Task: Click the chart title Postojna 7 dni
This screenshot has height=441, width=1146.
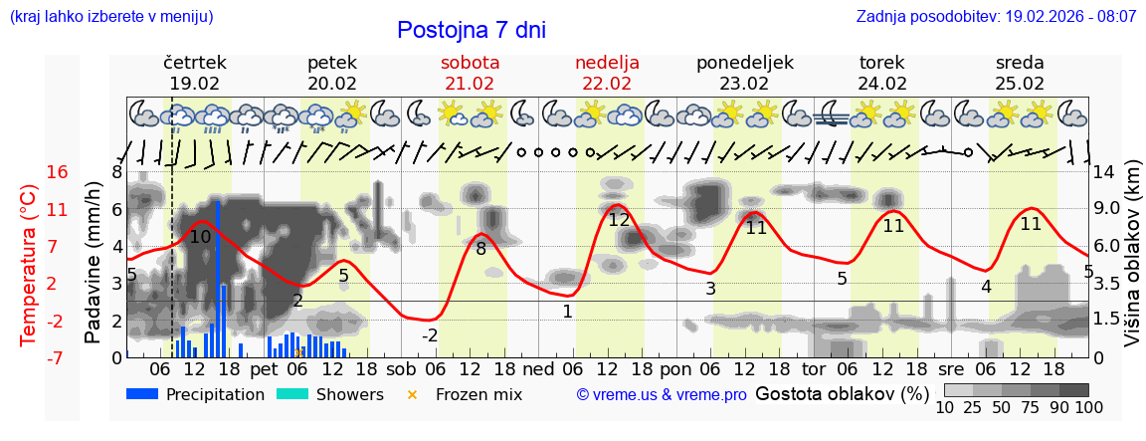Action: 472,30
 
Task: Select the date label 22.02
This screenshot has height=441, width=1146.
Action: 607,84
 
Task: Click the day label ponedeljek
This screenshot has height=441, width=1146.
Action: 745,63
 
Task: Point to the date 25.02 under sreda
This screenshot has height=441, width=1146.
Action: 1020,84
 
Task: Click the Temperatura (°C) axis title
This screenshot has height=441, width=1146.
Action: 30,266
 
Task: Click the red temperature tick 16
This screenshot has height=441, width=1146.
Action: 58,172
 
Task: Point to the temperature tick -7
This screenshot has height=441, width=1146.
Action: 58,357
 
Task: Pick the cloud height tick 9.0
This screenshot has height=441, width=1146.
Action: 1109,209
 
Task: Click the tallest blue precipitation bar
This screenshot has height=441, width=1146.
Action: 218,279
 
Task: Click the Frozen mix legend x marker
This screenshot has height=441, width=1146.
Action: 413,395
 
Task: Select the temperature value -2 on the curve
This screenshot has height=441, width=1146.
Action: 430,335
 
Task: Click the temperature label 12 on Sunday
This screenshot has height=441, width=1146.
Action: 619,220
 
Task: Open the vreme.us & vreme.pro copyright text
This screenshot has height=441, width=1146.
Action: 662,395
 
